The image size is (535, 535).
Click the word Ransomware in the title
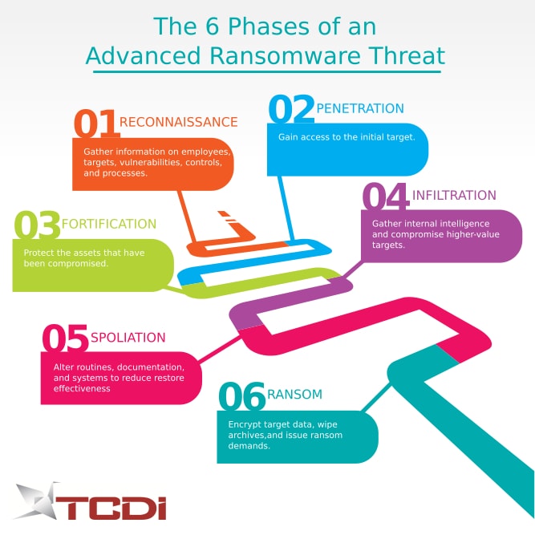pos(285,55)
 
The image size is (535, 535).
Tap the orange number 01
pos(96,124)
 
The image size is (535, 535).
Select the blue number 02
pos(291,109)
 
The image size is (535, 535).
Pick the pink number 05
pos(65,338)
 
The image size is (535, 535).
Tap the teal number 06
pos(242,395)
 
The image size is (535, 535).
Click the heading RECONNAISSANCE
pos(178,122)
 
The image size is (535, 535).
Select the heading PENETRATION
pos(360,108)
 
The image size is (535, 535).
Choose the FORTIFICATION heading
pos(109,224)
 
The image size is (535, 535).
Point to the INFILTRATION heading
pos(454,195)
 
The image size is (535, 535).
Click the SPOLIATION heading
pos(128,338)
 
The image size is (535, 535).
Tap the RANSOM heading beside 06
pos(295,395)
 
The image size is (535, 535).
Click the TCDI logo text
pos(111,508)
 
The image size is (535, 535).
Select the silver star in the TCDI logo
pos(37,501)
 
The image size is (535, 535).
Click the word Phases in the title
pos(269,26)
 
